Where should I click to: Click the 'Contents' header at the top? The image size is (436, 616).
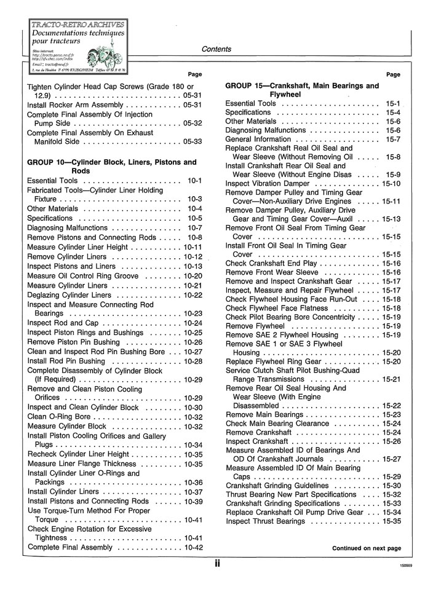pyautogui.click(x=216, y=49)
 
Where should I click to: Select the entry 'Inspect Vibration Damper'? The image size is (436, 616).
pyautogui.click(x=268, y=183)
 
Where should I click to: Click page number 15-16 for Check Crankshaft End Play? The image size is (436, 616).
pyautogui.click(x=391, y=263)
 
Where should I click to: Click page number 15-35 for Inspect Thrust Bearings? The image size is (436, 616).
pyautogui.click(x=391, y=521)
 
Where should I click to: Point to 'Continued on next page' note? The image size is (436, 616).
pyautogui.click(x=367, y=548)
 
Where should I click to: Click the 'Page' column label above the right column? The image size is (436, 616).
pyautogui.click(x=392, y=74)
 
